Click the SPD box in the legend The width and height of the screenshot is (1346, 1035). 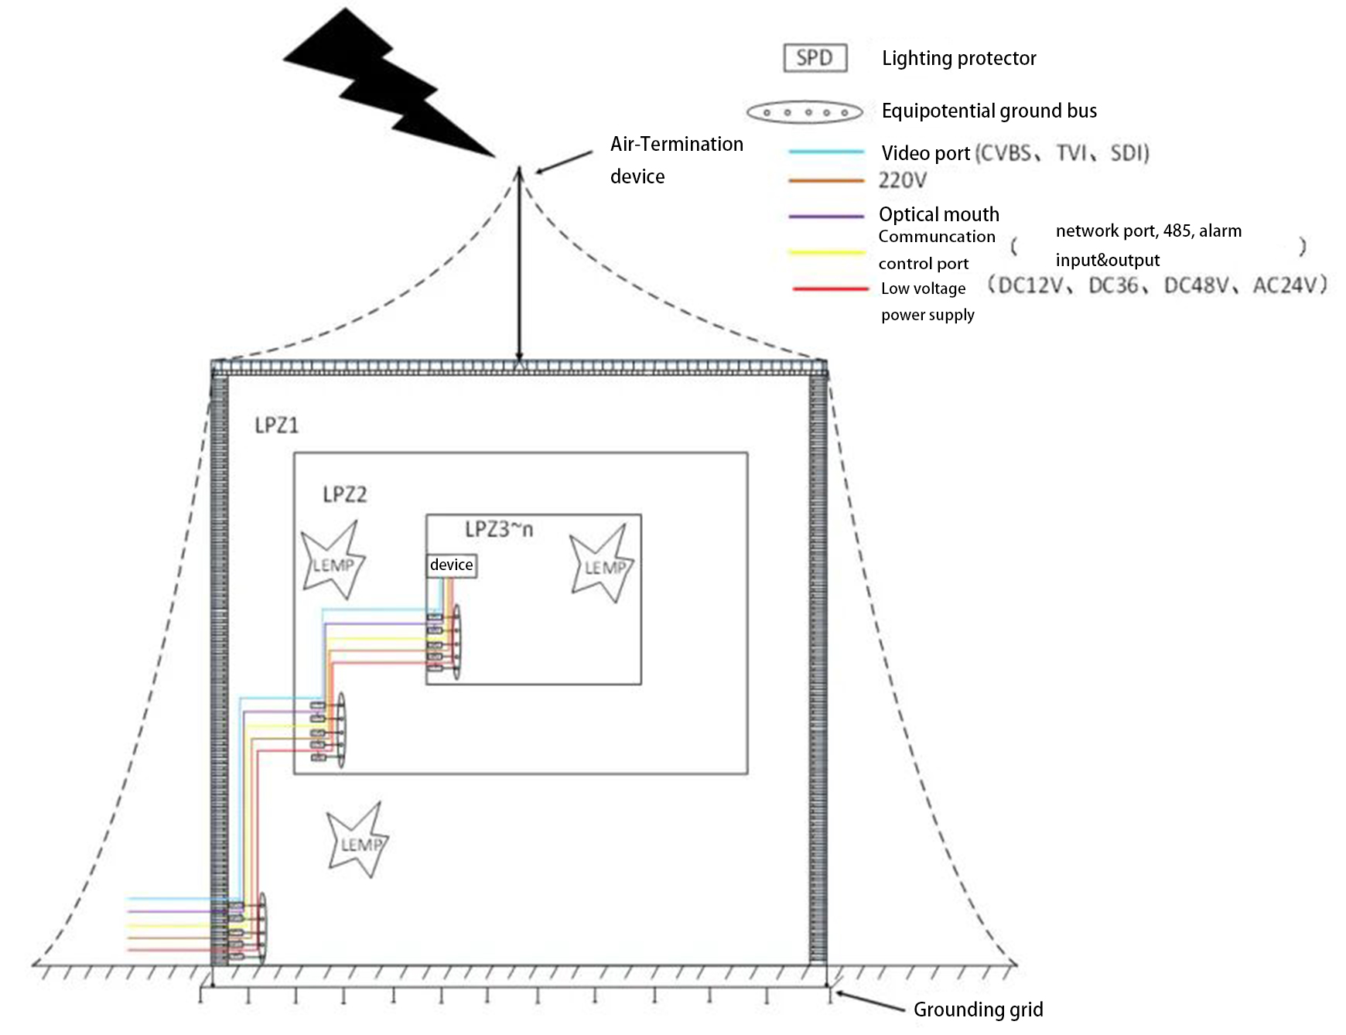[815, 58]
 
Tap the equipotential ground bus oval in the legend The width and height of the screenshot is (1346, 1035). [805, 112]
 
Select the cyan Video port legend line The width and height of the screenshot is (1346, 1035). [825, 152]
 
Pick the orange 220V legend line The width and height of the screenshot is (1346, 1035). [825, 180]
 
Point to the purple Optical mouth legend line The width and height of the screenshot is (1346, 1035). [825, 216]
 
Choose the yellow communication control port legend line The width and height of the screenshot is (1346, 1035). [825, 252]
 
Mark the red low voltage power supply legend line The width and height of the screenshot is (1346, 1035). [830, 289]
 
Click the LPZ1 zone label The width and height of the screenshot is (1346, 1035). [276, 425]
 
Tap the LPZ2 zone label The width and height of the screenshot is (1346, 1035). [344, 494]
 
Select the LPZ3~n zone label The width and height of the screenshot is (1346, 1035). [499, 529]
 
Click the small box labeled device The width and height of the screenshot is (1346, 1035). [452, 565]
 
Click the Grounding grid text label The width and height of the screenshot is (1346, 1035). [978, 1009]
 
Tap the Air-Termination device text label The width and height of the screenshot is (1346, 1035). [676, 160]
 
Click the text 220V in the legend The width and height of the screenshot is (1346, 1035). [902, 180]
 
